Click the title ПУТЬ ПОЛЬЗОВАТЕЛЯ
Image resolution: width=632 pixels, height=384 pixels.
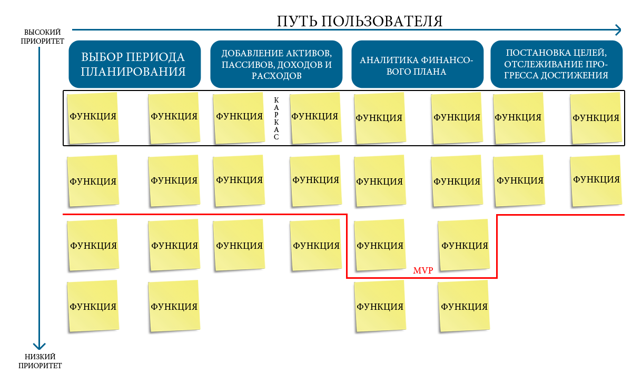pyautogui.click(x=359, y=21)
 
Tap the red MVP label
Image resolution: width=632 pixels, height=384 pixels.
pyautogui.click(x=423, y=270)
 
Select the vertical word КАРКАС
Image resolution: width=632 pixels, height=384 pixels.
pyautogui.click(x=276, y=118)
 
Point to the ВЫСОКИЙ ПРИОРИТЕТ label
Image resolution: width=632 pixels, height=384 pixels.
pyautogui.click(x=42, y=37)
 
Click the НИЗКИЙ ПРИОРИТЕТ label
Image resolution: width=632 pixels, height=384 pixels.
pyautogui.click(x=40, y=361)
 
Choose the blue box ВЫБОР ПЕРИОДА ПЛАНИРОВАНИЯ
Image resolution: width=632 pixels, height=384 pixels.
pyautogui.click(x=135, y=64)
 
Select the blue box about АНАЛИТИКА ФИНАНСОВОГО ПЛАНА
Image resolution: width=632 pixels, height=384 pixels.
pyautogui.click(x=417, y=64)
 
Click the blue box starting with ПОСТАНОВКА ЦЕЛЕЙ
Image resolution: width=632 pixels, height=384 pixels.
pyautogui.click(x=556, y=64)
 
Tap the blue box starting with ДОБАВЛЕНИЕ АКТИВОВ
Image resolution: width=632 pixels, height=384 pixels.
pyautogui.click(x=276, y=64)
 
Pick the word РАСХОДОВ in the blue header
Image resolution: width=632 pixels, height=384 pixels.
pyautogui.click(x=276, y=76)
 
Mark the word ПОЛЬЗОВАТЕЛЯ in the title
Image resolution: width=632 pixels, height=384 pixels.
pyautogui.click(x=382, y=21)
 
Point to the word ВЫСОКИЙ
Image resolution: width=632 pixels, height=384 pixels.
pyautogui.click(x=42, y=32)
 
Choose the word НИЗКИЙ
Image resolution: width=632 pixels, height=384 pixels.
pyautogui.click(x=40, y=357)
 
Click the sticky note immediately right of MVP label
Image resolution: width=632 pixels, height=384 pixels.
pyautogui.click(x=464, y=245)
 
